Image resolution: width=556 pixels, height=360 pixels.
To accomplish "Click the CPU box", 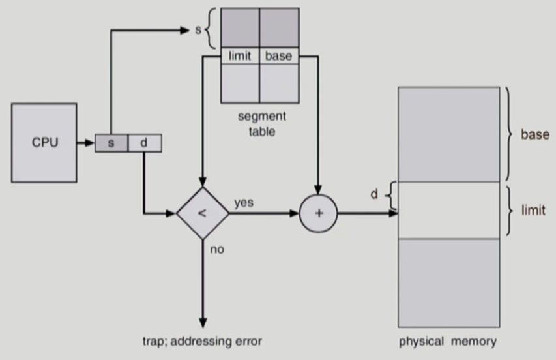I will point(44,142).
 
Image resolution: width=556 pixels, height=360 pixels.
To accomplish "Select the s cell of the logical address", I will point(111,143).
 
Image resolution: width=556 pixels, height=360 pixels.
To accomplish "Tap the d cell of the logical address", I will point(144,143).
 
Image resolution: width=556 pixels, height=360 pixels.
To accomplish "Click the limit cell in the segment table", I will point(240,56).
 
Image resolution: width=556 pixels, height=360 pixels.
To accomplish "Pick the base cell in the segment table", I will point(279,56).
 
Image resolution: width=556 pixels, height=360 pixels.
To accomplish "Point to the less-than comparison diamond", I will point(202,213).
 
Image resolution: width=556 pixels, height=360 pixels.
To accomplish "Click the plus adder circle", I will point(318,213).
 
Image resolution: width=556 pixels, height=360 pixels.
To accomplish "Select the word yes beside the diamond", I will point(244,203).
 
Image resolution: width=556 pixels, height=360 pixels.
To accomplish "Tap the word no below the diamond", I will point(217,249).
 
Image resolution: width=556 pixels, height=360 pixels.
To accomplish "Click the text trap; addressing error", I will point(202,341).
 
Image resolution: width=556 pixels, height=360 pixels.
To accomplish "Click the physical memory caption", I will point(448,341).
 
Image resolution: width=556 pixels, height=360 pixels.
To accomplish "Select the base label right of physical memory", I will point(534,135).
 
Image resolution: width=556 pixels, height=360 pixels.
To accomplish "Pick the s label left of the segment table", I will point(198,30).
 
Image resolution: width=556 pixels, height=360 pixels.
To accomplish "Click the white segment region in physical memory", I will point(448,211).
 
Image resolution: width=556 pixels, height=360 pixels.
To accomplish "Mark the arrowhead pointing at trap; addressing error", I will point(202,323).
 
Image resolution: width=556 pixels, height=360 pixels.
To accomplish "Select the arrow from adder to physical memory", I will point(368,213).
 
